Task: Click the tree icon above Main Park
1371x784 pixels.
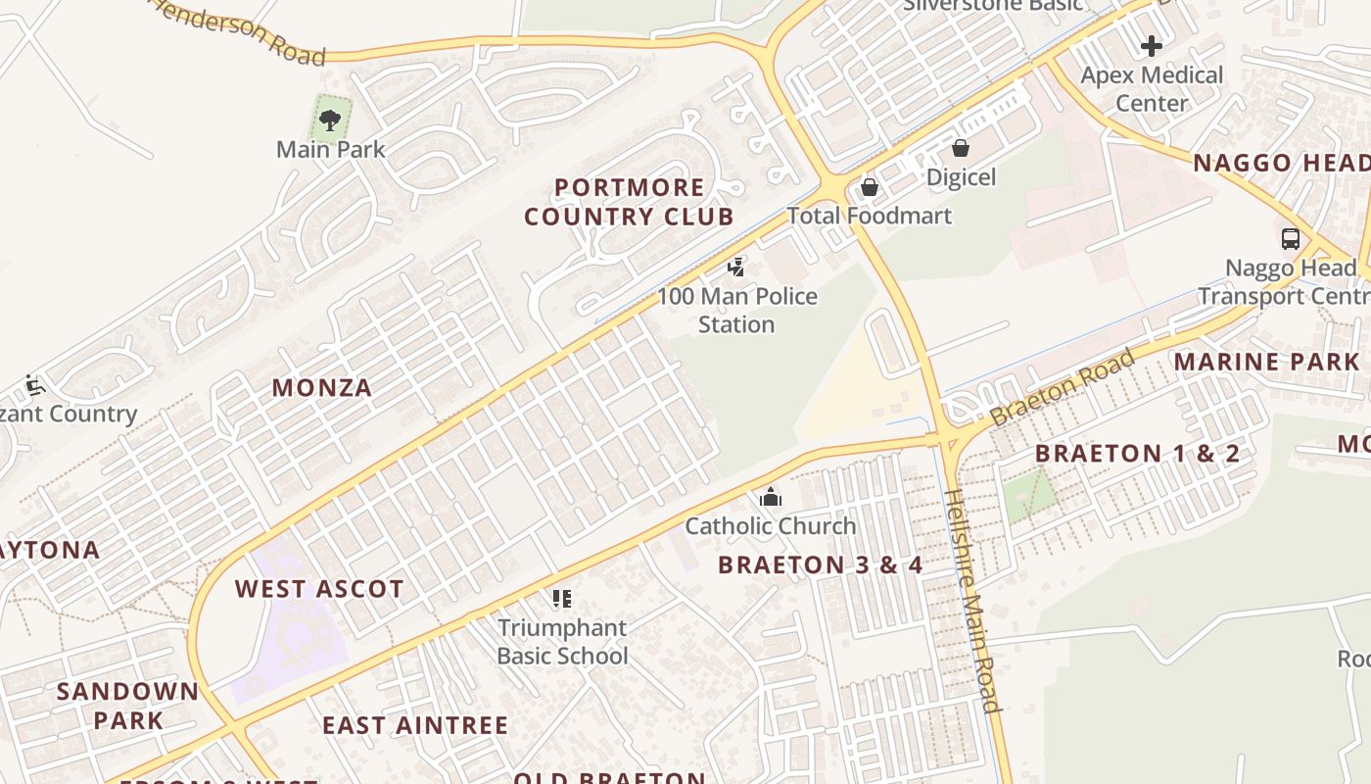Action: (330, 121)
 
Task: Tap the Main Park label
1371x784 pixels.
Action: (330, 150)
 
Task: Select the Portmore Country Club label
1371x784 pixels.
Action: (629, 202)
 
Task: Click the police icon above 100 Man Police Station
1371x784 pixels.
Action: (736, 267)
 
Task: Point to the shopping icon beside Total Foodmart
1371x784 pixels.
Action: (869, 187)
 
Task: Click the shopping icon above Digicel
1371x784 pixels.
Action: (961, 148)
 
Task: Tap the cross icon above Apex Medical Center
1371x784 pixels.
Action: (1152, 45)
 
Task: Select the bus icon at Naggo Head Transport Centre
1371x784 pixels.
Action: (1291, 238)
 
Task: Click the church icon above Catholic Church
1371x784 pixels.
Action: (771, 497)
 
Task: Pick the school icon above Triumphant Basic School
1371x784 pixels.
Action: (561, 598)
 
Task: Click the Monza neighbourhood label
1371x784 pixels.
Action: (322, 388)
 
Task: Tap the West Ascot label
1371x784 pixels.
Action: (319, 589)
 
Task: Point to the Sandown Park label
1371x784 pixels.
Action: (127, 706)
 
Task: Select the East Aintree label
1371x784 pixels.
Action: (415, 725)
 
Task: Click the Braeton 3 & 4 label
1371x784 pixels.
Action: (821, 564)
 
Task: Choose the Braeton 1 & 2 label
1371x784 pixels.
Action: (1137, 453)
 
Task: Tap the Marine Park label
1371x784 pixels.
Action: (1267, 362)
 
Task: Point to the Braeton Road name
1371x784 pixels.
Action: (1063, 387)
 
